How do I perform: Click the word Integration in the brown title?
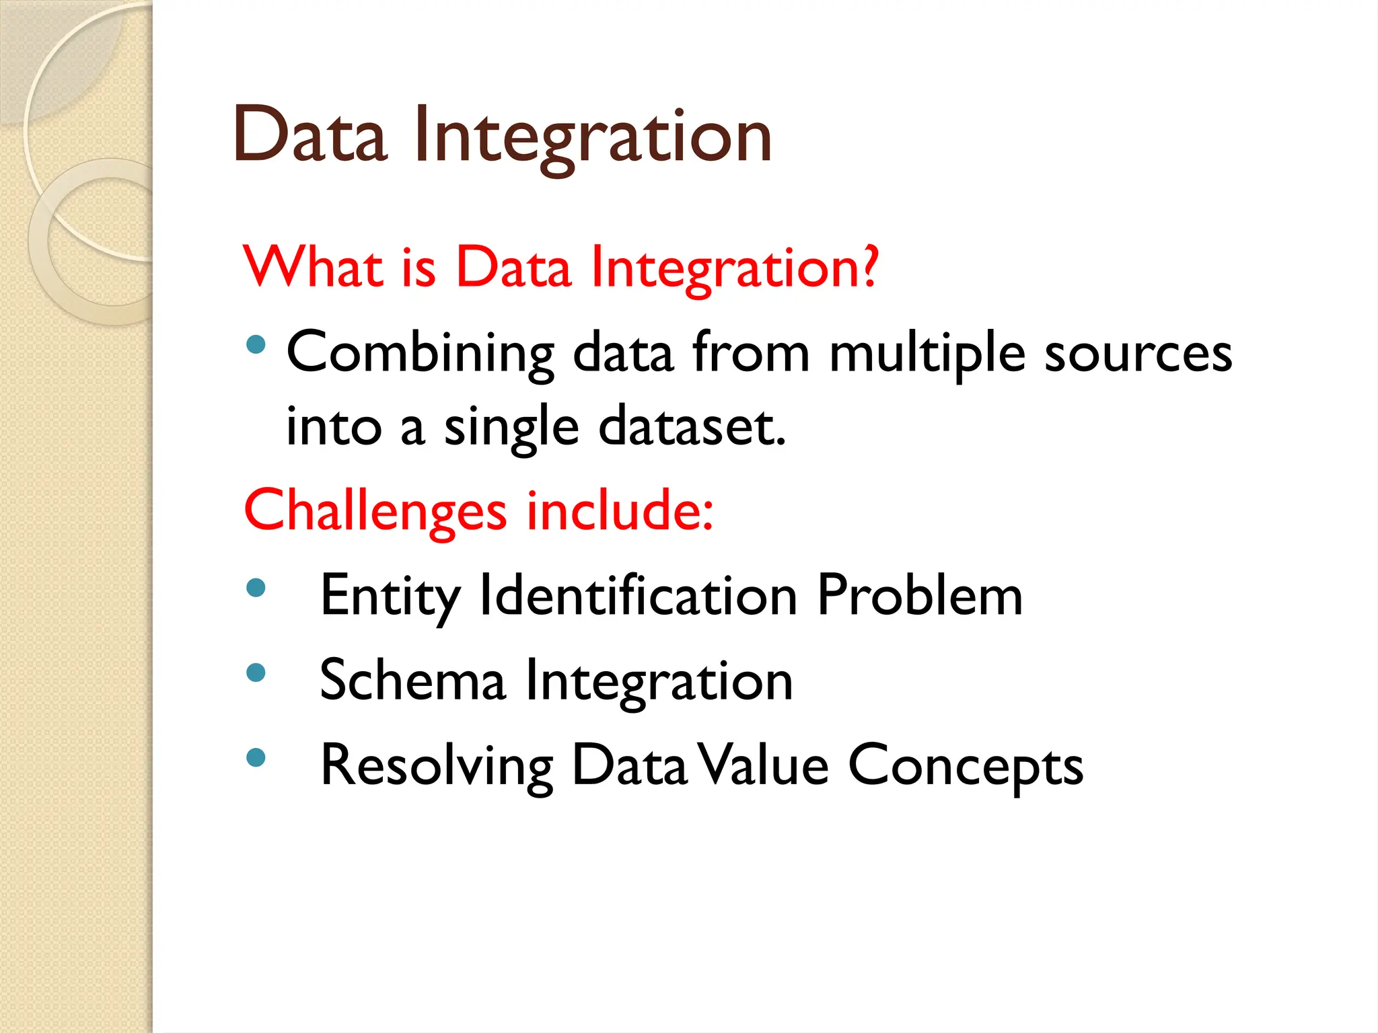click(593, 138)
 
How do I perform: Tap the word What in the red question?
click(314, 267)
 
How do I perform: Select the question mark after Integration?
click(870, 266)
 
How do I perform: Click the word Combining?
click(420, 354)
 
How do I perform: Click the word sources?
click(1138, 354)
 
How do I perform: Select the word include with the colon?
click(619, 511)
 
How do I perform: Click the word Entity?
click(390, 596)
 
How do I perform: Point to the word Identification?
click(638, 596)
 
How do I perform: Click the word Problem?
click(919, 596)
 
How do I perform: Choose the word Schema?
click(412, 681)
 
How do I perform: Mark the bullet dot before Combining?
click(256, 346)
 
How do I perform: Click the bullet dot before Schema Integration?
click(256, 673)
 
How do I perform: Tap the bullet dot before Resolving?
click(256, 758)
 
